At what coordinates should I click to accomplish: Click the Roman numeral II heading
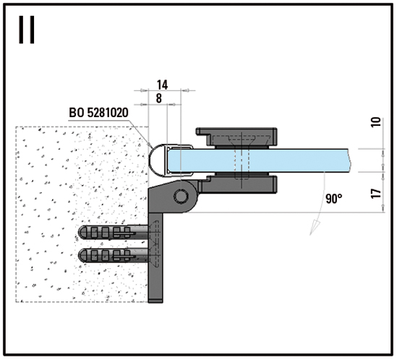pos(27,30)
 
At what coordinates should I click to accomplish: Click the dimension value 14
pos(162,85)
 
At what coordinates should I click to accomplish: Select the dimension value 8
pos(159,98)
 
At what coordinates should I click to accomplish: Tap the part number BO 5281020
pos(99,112)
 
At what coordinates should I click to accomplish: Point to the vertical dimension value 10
pos(377,122)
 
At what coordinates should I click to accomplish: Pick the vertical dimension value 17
pos(377,194)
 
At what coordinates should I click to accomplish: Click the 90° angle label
pos(334,199)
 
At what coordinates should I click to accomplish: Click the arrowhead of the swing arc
pos(315,227)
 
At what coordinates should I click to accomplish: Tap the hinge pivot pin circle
pos(181,196)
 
